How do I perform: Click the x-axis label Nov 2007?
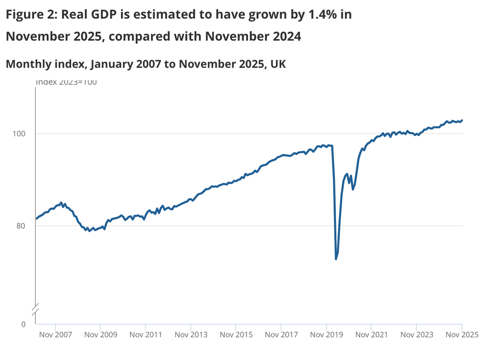pos(55,335)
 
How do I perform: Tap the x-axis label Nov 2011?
pos(145,335)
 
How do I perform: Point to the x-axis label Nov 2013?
pos(191,335)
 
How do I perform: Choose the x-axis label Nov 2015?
pos(236,335)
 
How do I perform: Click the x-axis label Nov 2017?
pos(281,335)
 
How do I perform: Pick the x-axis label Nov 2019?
pos(326,335)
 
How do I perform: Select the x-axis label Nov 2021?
pos(371,335)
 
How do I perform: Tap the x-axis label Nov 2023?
pos(416,335)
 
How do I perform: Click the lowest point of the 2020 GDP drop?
pos(336,259)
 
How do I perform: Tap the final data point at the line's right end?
pos(462,120)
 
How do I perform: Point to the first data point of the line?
pos(36,219)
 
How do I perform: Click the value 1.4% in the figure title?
pos(322,15)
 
